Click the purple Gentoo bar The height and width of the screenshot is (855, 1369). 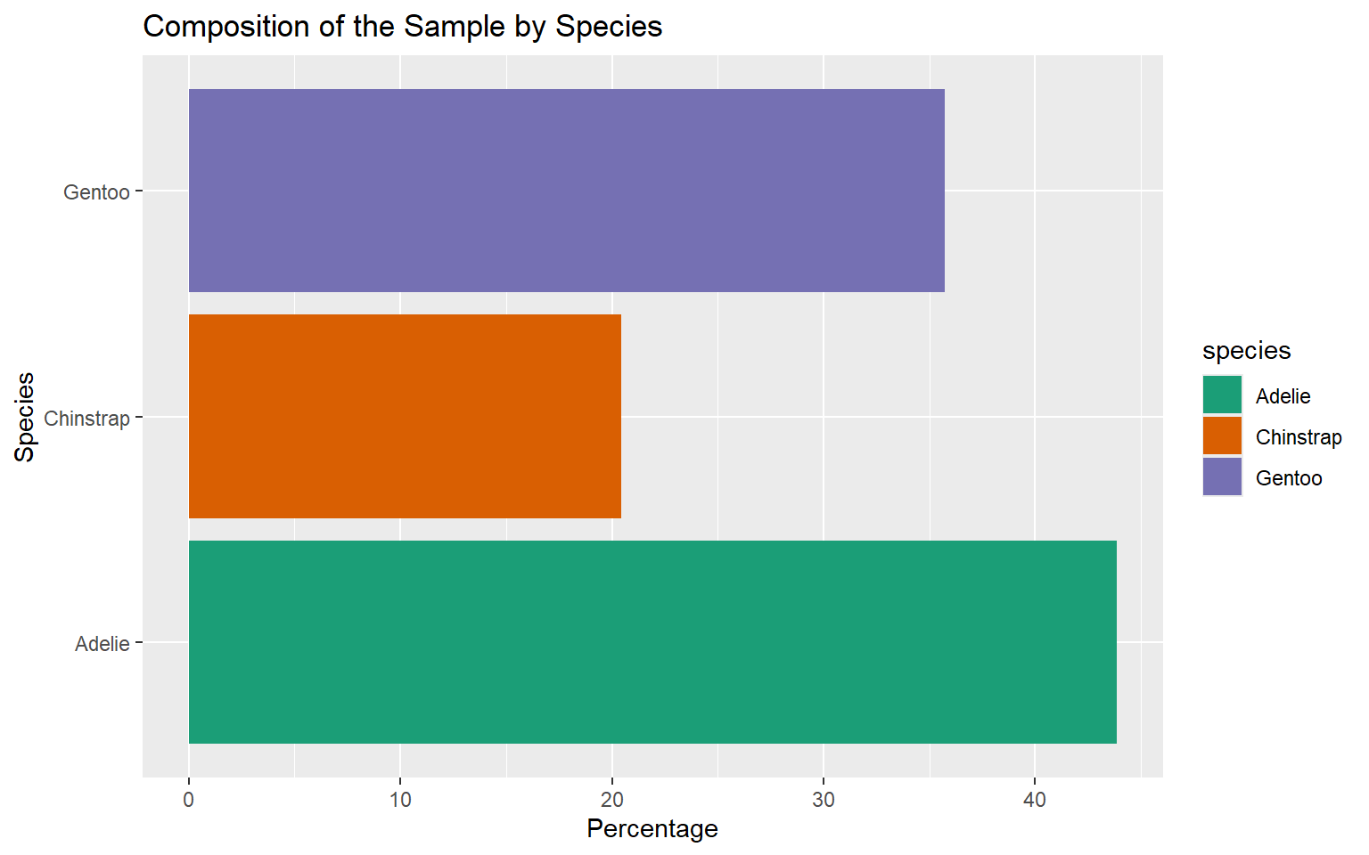566,191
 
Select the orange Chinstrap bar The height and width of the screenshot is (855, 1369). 405,416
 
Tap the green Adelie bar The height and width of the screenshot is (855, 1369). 652,641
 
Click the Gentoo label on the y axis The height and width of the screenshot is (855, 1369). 96,192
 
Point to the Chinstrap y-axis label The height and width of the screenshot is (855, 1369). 86,419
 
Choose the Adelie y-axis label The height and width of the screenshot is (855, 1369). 102,644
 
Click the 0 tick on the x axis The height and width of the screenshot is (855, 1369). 189,800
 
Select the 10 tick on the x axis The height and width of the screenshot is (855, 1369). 400,800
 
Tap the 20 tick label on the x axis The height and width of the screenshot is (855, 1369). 611,800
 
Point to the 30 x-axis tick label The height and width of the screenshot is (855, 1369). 823,800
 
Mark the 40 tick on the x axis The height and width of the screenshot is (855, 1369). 1034,800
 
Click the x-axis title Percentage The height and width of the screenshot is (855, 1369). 652,829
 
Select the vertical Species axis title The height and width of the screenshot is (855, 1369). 25,417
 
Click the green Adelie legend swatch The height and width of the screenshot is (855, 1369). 1222,395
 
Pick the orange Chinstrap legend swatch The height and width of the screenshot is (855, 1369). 1222,436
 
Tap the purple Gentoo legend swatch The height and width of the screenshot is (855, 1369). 1222,477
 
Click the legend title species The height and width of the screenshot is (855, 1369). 1246,351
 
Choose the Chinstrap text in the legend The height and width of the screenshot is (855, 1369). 1299,437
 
